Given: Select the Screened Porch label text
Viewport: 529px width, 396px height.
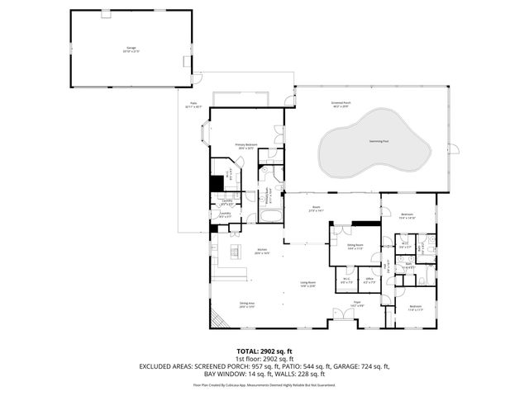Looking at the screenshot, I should pos(341,104).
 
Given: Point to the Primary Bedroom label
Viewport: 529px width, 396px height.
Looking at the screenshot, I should pos(245,146).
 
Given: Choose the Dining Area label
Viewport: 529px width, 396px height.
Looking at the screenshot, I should pos(246,304).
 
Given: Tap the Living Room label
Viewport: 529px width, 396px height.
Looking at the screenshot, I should pos(308,285).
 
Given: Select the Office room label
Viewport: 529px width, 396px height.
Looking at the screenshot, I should pos(369,280).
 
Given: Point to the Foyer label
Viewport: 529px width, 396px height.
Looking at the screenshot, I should pos(360,304).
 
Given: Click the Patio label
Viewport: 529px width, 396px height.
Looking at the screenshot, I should pos(193,105).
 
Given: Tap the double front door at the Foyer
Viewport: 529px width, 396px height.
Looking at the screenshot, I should pos(341,314).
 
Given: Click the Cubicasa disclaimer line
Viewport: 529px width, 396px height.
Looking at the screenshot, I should pos(264,384).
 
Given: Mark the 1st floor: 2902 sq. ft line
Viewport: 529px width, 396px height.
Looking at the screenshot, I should pos(264,358).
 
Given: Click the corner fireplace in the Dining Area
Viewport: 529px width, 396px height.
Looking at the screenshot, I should pos(217,319).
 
